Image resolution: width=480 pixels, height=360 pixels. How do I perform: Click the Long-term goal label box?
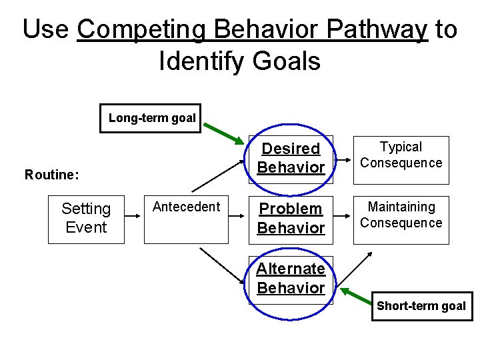click(x=151, y=119)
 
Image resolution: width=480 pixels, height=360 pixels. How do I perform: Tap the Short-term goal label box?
click(x=421, y=306)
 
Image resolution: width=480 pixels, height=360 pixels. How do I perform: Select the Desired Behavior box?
click(x=291, y=159)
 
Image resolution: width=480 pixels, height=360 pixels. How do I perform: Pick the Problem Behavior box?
click(x=291, y=219)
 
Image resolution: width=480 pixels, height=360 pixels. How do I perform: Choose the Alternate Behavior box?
click(x=291, y=279)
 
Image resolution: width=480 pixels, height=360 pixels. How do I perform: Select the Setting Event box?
click(x=86, y=219)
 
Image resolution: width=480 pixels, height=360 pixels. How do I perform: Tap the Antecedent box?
click(x=186, y=219)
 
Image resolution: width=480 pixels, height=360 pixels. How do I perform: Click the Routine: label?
click(x=52, y=175)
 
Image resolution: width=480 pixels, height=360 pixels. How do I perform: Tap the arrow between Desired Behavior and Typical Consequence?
click(x=342, y=161)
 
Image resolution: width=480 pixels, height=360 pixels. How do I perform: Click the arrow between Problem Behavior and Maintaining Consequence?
click(x=342, y=218)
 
